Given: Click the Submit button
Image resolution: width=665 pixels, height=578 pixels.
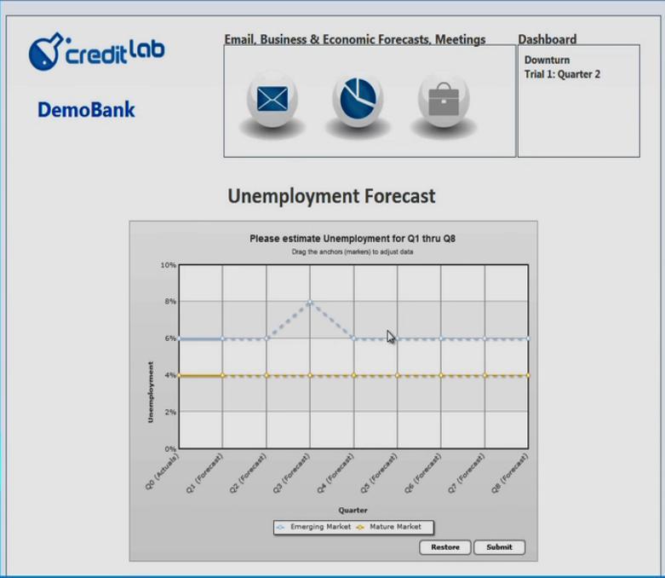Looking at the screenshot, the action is point(499,547).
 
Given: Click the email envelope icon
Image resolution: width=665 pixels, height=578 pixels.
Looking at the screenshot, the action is point(272,99).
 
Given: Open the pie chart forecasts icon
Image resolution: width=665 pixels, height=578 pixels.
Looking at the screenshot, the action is point(358,99).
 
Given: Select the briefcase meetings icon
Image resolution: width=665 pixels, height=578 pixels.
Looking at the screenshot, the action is point(444,101).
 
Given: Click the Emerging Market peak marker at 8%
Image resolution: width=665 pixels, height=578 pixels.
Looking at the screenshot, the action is point(310,302).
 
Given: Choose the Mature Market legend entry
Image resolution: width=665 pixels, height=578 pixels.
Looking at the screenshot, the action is point(389,527).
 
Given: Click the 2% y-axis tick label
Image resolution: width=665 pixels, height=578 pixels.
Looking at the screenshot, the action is point(170,412).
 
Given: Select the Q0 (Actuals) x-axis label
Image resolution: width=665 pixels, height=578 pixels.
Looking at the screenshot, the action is point(162,471).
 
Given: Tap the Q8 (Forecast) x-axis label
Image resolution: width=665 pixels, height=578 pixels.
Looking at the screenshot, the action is point(510,473).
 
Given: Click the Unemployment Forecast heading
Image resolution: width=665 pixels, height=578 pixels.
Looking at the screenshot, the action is point(332,196).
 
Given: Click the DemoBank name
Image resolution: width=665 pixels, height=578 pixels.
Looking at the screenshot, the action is point(86,110).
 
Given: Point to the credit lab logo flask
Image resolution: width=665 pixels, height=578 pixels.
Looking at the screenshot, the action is point(44,52).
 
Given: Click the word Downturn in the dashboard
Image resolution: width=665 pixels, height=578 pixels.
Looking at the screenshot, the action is point(547,60).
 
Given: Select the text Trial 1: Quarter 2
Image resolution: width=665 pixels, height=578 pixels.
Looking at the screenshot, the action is point(562,74).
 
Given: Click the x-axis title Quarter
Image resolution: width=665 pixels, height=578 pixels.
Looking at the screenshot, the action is point(353,510).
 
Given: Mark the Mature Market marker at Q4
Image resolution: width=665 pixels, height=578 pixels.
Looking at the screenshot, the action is point(354,375).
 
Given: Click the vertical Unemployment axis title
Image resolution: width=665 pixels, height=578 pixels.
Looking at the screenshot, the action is point(151,392).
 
